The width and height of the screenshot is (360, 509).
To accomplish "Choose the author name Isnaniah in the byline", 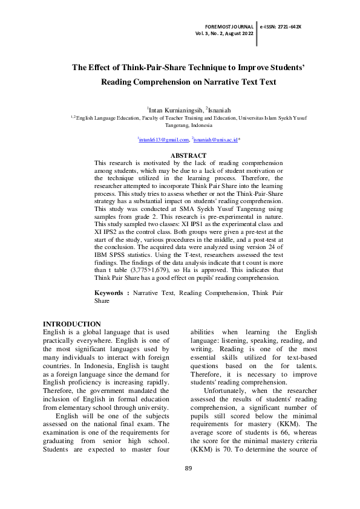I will [218, 109].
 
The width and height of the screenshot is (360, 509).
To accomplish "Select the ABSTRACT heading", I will [189, 156].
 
